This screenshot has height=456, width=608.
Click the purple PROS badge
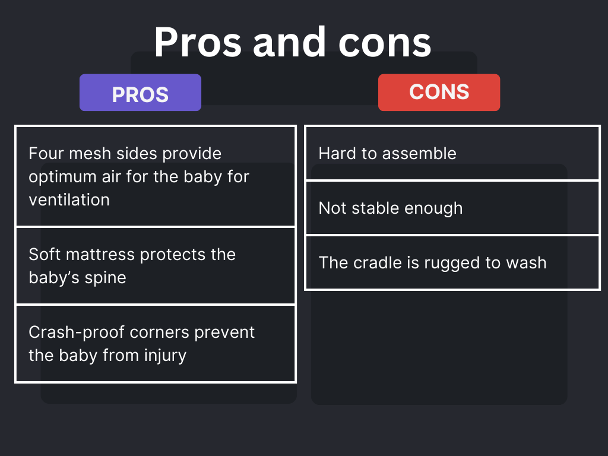(x=140, y=93)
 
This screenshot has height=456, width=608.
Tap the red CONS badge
(x=439, y=93)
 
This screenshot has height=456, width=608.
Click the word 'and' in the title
(x=289, y=42)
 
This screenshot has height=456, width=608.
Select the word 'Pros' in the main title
(x=198, y=42)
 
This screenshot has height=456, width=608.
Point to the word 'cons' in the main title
(x=385, y=46)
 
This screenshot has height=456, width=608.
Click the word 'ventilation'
(x=69, y=200)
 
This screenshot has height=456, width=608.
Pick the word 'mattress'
(x=100, y=255)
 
